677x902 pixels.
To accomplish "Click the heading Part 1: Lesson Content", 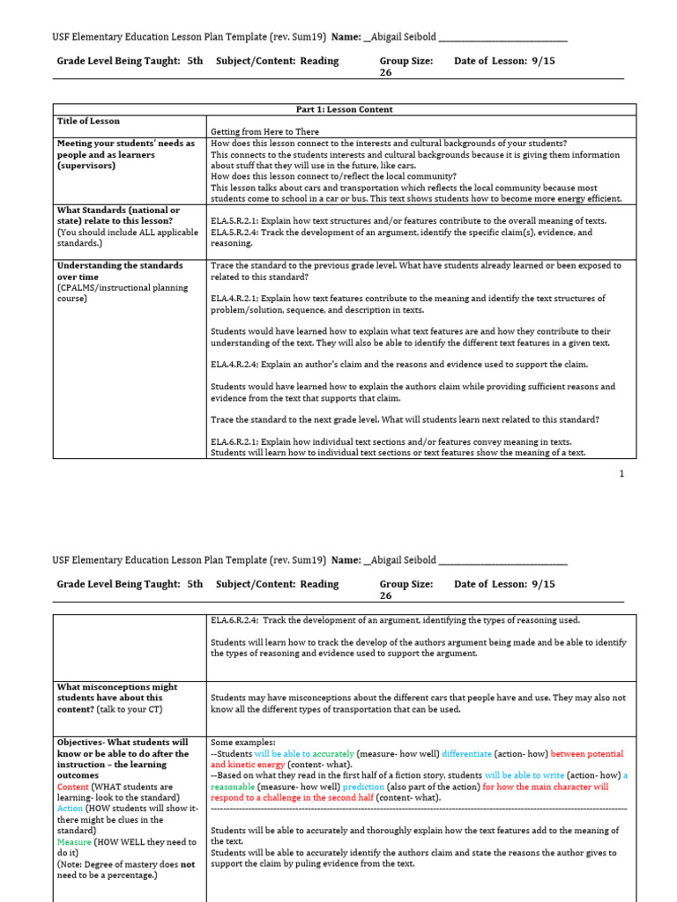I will point(344,109).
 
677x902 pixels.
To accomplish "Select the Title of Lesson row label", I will point(88,121).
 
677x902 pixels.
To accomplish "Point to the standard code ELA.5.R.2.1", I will point(238,221).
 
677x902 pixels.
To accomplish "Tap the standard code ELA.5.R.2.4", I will point(238,233).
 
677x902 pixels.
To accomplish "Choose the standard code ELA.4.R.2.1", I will point(238,299).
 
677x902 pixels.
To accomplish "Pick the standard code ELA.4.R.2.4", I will point(238,365).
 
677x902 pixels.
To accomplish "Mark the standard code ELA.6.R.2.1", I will point(238,441).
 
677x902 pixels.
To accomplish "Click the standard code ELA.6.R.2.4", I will point(238,620).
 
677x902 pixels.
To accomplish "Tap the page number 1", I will point(621,474).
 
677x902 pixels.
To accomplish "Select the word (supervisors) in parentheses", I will point(86,166).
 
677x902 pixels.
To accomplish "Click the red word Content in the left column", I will point(72,787).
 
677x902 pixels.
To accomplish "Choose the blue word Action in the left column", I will point(71,809).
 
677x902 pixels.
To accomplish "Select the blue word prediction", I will point(364,787).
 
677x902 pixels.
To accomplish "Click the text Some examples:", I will point(243,743).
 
